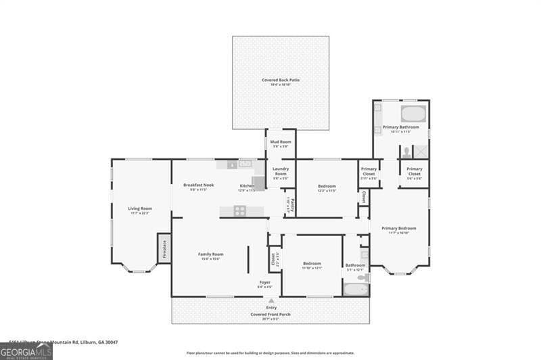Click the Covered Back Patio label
[x=281, y=80]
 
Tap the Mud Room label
[x=281, y=142]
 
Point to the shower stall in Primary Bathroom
[x=421, y=152]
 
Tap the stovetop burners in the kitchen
[x=240, y=210]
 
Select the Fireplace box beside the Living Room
[x=164, y=248]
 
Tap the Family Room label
[x=210, y=254]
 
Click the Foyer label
[x=265, y=282]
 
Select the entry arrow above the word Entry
[x=271, y=300]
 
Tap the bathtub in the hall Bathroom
[x=356, y=290]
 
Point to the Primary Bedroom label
[x=398, y=228]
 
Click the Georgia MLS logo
[x=26, y=351]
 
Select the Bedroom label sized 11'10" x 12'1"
[x=312, y=263]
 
